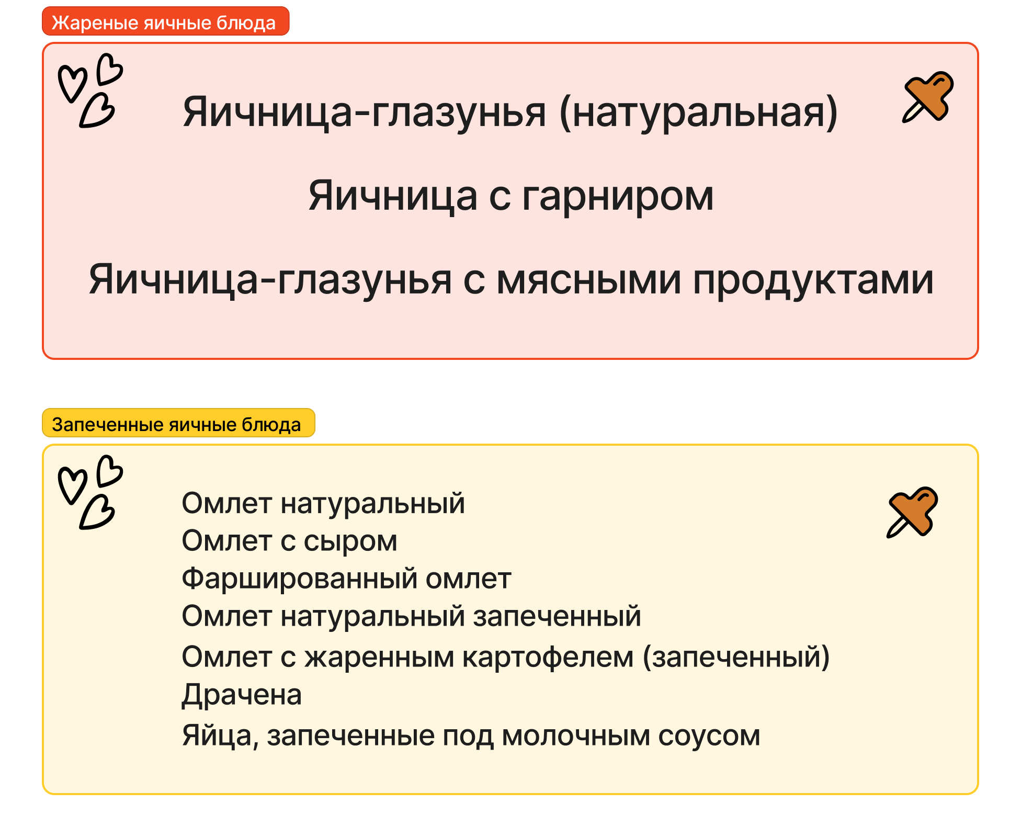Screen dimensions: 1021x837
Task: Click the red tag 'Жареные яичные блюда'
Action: tap(165, 21)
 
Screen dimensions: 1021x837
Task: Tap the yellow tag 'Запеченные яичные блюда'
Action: tap(178, 423)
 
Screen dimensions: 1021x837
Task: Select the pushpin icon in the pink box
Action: tap(927, 97)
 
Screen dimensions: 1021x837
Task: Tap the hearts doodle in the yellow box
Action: tap(90, 492)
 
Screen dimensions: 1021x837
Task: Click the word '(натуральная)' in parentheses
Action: tap(699, 113)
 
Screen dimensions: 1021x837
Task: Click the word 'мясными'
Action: tap(589, 280)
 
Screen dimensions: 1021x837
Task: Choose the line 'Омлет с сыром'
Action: tap(289, 541)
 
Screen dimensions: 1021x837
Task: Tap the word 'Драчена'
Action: tap(242, 695)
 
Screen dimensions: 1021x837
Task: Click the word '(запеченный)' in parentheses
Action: tap(736, 657)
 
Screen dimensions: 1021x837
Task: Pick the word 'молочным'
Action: tap(576, 736)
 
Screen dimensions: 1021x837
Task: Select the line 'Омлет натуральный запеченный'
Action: tap(411, 617)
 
